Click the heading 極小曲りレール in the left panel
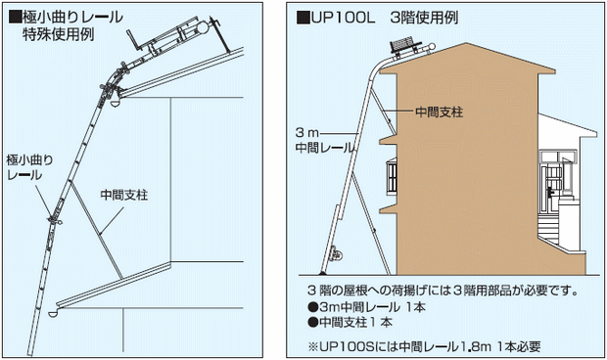point(72,18)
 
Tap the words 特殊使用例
point(59,34)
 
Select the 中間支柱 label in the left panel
point(124,195)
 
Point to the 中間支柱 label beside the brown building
point(439,112)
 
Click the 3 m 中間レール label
point(324,140)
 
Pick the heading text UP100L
point(344,18)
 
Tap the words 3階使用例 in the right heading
point(424,18)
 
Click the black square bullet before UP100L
point(303,18)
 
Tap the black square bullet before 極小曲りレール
point(15,18)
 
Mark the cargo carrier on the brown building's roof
point(403,45)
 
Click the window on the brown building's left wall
point(392,176)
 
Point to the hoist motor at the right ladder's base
point(335,255)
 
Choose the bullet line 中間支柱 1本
point(350,322)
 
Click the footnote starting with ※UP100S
point(424,346)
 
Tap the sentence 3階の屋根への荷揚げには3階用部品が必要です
point(443,290)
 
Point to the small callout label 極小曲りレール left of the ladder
point(29,167)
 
